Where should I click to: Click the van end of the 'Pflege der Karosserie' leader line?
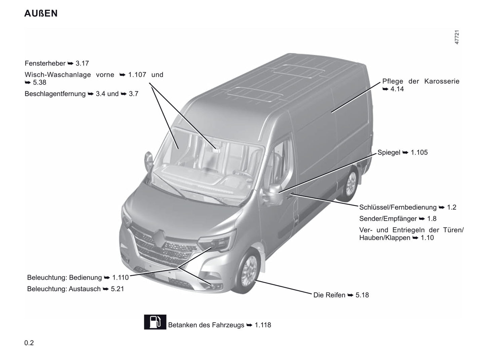[331, 113]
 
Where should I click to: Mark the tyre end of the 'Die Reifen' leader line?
[255, 280]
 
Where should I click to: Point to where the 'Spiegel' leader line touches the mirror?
[279, 193]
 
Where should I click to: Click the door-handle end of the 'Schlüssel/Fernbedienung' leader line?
[291, 194]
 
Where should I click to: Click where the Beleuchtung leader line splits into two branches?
[178, 267]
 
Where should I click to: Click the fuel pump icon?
[155, 322]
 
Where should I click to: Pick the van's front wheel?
[247, 272]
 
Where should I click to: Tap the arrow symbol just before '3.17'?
[70, 63]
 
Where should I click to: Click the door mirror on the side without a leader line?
[148, 161]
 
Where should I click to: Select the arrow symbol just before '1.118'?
[249, 325]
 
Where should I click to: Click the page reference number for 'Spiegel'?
[419, 152]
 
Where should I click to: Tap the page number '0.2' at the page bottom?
[29, 343]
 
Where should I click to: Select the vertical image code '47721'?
[457, 37]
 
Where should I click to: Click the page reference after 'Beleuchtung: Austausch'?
[117, 289]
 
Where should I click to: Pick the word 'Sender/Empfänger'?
[388, 219]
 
